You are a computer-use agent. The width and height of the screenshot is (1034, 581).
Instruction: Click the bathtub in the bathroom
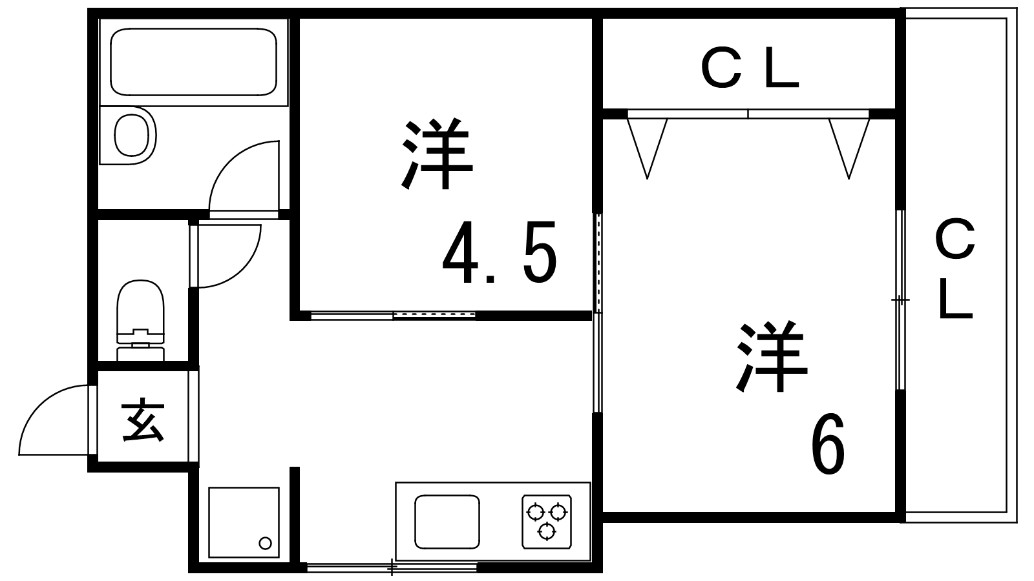pyautogui.click(x=194, y=63)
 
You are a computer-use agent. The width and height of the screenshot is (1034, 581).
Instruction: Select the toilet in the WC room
pyautogui.click(x=141, y=310)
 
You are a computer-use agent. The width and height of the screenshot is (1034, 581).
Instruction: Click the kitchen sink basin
pyautogui.click(x=447, y=522)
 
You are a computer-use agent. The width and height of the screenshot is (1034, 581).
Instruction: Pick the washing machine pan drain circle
pyautogui.click(x=265, y=542)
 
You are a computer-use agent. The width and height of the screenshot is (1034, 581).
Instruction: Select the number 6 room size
pyautogui.click(x=828, y=445)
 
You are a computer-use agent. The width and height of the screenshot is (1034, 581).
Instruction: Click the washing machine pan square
pyautogui.click(x=244, y=523)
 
